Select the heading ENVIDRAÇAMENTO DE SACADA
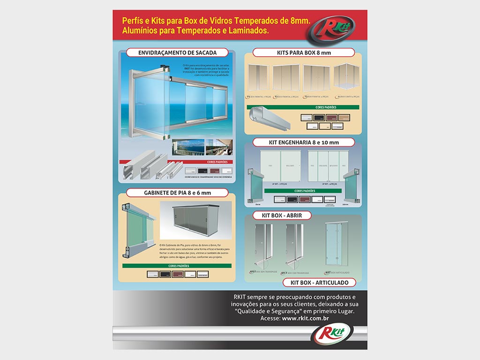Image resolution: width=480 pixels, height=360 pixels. coord(177,52)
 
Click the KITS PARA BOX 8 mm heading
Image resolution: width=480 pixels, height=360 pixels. coord(304,52)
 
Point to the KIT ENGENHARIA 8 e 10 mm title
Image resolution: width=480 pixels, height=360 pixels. coord(304,142)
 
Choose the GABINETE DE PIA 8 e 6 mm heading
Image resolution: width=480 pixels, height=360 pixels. coord(177,193)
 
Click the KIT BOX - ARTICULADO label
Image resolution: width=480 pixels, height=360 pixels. coord(319,283)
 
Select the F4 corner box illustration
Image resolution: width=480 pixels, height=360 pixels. coord(346,77)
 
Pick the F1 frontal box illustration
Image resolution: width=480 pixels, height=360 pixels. coord(258,77)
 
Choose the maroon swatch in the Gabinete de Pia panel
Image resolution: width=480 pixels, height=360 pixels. coord(178,274)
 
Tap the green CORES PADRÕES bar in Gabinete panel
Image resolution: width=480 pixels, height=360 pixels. coord(177,266)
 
